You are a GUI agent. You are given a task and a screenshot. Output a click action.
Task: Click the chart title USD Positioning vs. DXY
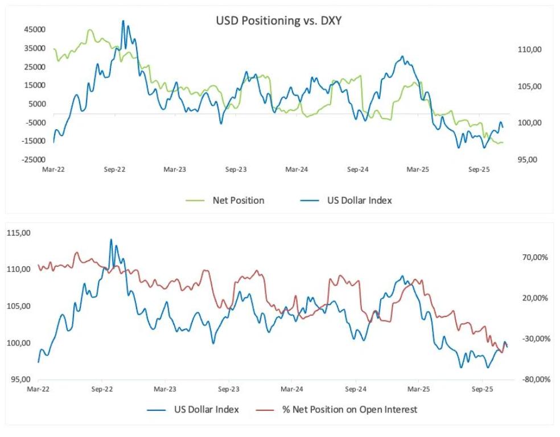[278, 22]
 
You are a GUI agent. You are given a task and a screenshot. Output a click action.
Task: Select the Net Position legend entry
[238, 200]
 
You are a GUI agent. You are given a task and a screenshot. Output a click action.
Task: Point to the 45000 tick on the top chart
[34, 30]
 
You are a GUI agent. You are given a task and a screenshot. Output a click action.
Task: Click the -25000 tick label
[34, 159]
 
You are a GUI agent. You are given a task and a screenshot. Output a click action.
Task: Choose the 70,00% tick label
[534, 257]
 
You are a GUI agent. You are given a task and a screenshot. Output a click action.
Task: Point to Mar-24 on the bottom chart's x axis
[291, 390]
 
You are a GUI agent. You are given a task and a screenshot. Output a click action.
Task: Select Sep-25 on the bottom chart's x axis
[482, 390]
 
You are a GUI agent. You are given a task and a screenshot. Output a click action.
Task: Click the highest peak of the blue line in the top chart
[123, 21]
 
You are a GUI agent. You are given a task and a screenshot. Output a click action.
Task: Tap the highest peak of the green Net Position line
[90, 30]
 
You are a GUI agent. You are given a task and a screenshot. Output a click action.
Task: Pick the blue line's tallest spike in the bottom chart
[111, 240]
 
